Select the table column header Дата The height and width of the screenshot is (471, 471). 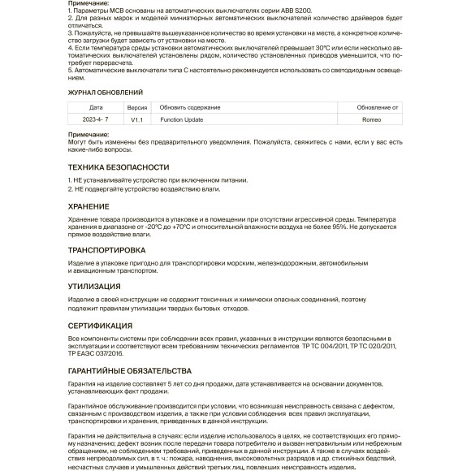click(x=97, y=107)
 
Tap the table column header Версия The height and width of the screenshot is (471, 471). click(x=136, y=107)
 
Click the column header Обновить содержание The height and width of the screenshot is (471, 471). click(x=190, y=107)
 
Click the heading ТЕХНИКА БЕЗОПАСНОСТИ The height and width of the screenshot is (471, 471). click(x=119, y=166)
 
